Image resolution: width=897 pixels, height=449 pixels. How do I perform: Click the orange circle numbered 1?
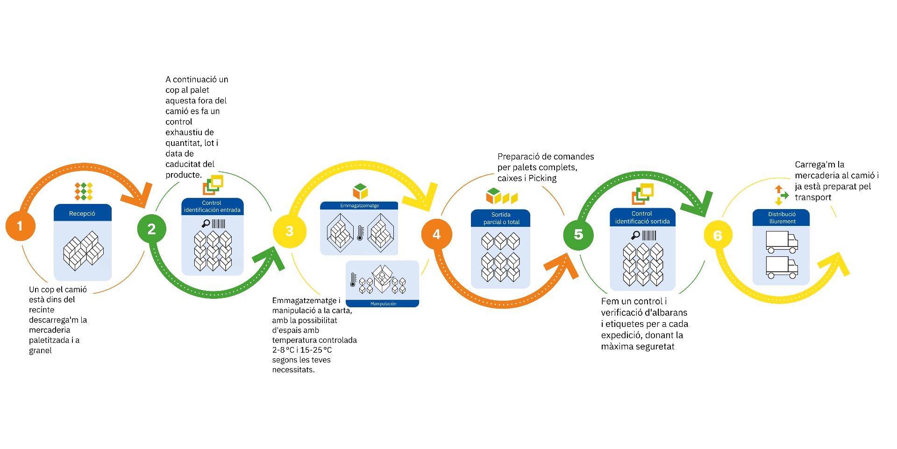[x=20, y=226]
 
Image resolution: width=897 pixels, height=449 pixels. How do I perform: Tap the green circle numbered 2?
[x=151, y=229]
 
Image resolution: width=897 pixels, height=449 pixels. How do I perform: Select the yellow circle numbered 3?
[x=289, y=231]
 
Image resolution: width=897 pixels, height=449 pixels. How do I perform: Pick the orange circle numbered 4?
[x=436, y=234]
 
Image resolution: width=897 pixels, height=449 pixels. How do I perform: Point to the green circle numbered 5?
[x=578, y=234]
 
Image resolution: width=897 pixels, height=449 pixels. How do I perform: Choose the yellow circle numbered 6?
[x=718, y=235]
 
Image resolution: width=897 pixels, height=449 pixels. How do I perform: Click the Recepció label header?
[x=82, y=213]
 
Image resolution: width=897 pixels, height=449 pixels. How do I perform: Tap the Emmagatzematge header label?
[x=359, y=206]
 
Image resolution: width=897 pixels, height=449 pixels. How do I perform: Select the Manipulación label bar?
[x=383, y=304]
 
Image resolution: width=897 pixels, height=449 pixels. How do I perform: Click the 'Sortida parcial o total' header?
[x=501, y=218]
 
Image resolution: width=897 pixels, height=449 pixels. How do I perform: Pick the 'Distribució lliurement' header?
[x=782, y=218]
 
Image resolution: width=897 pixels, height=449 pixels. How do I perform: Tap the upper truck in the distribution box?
[x=781, y=242]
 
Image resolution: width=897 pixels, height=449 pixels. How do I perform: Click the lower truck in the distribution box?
[x=781, y=267]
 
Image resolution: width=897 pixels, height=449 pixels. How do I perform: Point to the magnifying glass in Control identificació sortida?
[x=635, y=235]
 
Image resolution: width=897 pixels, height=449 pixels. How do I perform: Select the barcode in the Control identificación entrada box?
[x=219, y=224]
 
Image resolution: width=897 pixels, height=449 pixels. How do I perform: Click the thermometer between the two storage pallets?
[x=360, y=232]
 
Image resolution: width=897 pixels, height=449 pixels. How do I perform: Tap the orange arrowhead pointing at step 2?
[x=138, y=196]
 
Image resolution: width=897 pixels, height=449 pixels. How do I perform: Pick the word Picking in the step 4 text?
[x=542, y=178]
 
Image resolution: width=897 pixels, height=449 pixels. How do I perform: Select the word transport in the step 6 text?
[x=813, y=197]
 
